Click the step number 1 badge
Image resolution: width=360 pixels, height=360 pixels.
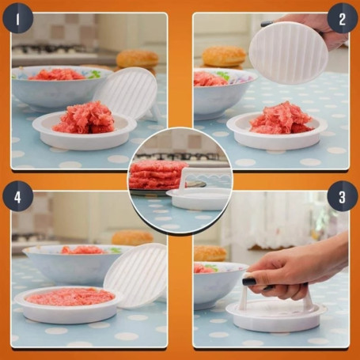click(x=17, y=17)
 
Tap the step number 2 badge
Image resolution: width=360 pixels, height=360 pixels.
click(x=343, y=17)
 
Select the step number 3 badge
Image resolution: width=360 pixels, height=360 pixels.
click(x=343, y=199)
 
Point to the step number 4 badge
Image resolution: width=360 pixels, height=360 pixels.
click(x=17, y=199)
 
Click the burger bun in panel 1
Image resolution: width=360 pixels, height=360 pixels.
click(x=138, y=59)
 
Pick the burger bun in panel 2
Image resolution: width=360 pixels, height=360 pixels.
click(x=224, y=56)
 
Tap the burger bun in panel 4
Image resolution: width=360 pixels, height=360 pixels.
click(x=132, y=237)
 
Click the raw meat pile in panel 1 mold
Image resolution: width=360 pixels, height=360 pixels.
click(x=84, y=118)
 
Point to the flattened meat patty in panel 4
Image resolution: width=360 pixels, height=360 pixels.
click(x=70, y=297)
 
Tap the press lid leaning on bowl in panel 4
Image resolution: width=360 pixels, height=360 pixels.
click(x=136, y=274)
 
